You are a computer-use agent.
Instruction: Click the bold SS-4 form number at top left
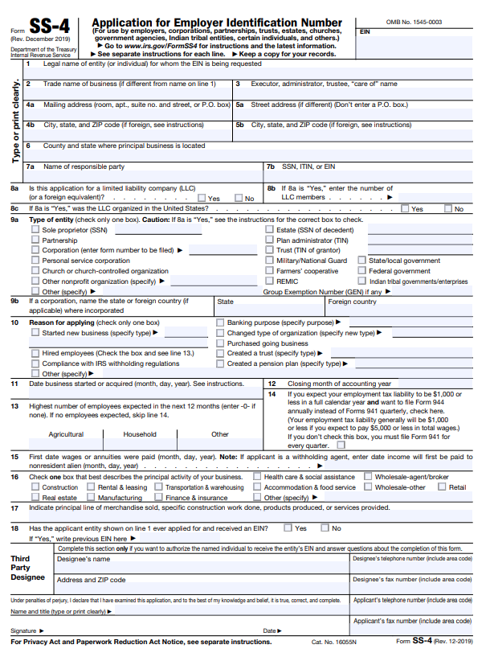tap(49, 27)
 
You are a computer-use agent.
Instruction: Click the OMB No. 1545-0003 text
tap(414, 22)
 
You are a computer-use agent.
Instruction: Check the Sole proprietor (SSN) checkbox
tap(35, 230)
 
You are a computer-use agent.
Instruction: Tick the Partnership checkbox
tap(35, 240)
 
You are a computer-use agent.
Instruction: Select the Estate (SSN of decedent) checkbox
tap(269, 230)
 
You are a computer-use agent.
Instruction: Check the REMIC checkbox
tap(269, 282)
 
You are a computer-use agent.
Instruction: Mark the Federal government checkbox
tap(361, 272)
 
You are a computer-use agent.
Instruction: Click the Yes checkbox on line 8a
tap(202, 198)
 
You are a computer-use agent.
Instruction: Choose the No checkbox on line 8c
tap(449, 209)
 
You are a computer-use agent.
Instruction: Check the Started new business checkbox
tap(35, 333)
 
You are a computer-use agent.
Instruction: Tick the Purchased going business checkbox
tap(220, 343)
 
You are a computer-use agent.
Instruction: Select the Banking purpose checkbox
tap(220, 322)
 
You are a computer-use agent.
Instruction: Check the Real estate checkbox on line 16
tap(35, 498)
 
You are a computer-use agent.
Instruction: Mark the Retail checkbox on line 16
tap(442, 487)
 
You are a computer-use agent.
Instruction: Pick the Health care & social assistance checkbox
tap(258, 477)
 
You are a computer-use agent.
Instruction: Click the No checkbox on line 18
tap(325, 528)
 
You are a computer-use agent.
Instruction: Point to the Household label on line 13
tap(140, 434)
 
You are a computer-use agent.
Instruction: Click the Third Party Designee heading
tap(27, 568)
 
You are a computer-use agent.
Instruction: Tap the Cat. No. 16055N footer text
tap(335, 642)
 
